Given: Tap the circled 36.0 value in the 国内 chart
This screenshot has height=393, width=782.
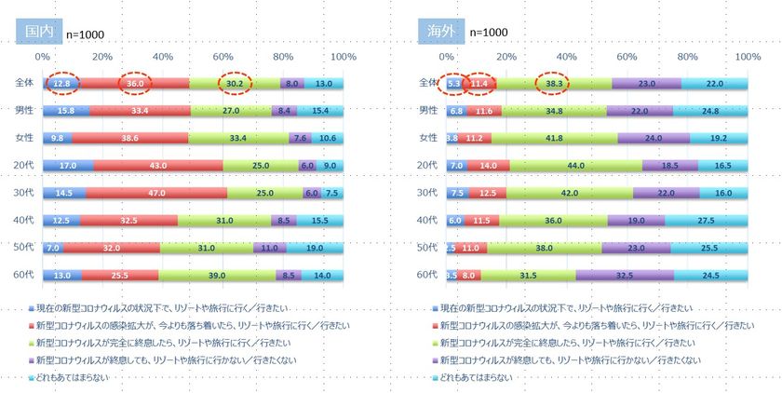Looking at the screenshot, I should click(x=135, y=83).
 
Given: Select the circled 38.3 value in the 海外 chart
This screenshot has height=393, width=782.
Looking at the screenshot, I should click(x=555, y=83).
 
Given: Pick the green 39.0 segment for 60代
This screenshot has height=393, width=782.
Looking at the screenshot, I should click(x=217, y=276).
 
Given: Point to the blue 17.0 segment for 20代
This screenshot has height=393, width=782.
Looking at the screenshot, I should click(x=68, y=166).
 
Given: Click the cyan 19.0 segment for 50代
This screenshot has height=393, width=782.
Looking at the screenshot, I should click(x=316, y=249).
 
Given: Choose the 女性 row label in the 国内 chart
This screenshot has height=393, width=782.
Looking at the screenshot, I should click(x=23, y=138).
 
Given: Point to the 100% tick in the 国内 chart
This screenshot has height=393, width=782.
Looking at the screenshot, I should click(x=344, y=57).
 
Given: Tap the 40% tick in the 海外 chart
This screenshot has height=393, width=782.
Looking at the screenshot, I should click(x=567, y=57).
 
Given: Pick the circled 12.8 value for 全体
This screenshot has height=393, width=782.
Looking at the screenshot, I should click(x=63, y=83).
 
